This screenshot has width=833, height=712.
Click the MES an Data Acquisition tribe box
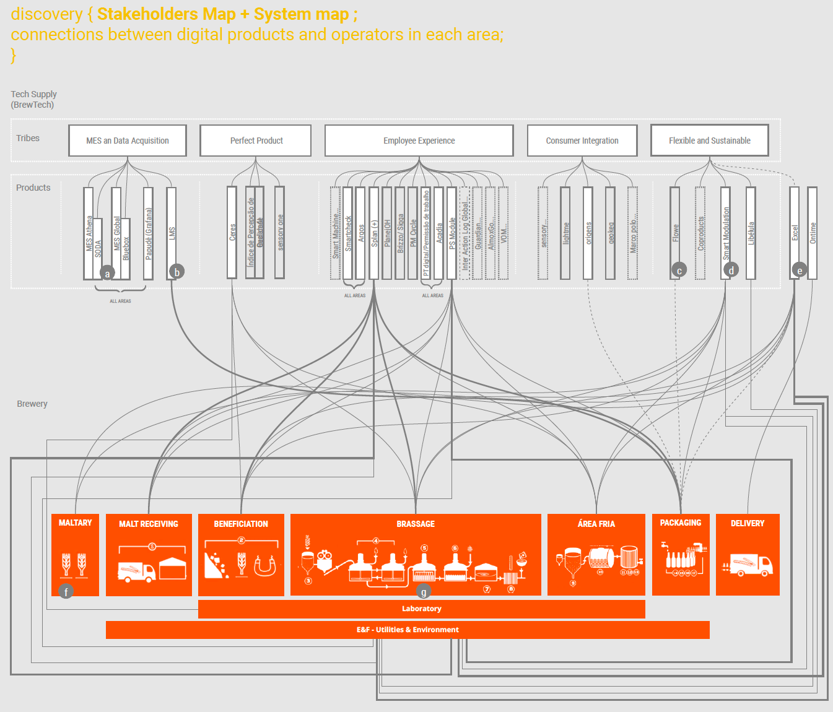(128, 141)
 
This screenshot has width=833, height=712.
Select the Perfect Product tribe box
(256, 141)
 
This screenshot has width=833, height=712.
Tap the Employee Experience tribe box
(419, 141)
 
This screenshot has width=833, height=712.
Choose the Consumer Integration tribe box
(582, 141)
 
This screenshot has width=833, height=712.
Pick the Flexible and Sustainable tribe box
(709, 141)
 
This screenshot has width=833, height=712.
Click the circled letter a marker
(107, 273)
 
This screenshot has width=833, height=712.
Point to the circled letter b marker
(177, 272)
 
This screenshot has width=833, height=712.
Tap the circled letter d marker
(731, 270)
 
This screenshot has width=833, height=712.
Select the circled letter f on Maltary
(66, 591)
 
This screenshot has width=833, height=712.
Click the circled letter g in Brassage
(423, 592)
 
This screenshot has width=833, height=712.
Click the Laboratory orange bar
(421, 609)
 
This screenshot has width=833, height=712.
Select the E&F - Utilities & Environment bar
(408, 630)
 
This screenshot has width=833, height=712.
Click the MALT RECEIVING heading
(149, 524)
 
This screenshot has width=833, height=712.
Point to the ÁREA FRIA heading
(596, 524)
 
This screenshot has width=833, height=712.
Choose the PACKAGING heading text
(681, 523)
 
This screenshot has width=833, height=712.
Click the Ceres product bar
(232, 232)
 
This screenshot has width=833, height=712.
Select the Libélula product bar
(751, 233)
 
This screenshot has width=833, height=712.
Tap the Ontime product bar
(813, 233)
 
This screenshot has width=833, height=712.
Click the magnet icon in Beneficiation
(265, 566)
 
